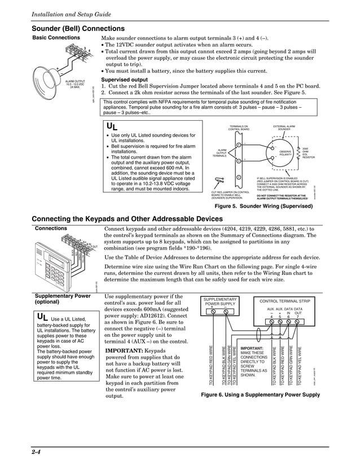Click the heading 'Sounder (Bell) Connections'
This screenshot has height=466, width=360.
pos(78,28)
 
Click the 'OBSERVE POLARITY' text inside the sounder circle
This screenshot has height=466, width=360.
pos(286,153)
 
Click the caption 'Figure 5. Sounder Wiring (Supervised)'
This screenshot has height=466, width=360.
pos(260,207)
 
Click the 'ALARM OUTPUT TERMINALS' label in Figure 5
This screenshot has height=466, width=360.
pos(222,152)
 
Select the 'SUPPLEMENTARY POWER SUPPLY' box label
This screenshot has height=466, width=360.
pos(219,301)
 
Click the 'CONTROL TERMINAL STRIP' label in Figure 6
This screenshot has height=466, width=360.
pos(284,301)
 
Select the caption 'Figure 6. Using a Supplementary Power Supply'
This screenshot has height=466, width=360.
pos(260,395)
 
